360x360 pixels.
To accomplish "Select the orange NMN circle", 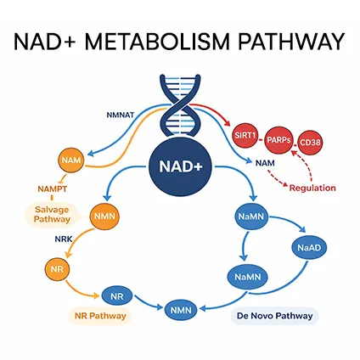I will [x=105, y=216].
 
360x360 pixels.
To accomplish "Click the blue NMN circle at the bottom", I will [x=180, y=310].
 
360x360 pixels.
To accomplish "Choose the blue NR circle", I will [x=116, y=296].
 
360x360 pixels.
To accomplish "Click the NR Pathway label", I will [x=97, y=316].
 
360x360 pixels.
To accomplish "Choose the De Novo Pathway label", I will [x=272, y=316].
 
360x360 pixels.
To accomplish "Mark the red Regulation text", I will [x=312, y=188].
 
